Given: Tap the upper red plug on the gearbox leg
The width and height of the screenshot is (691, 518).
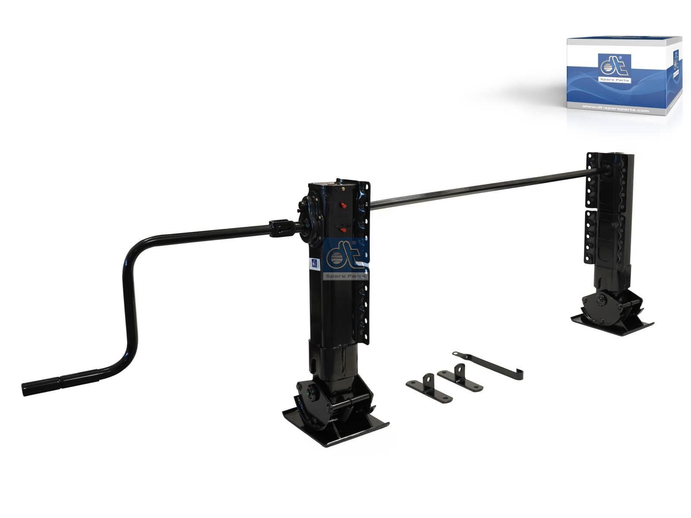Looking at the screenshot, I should click(x=343, y=205).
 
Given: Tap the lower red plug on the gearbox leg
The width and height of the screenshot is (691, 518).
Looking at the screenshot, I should click(x=343, y=231).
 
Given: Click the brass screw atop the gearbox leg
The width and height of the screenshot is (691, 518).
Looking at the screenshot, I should click(x=342, y=188).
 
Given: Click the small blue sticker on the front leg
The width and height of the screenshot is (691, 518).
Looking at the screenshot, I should click(x=315, y=264).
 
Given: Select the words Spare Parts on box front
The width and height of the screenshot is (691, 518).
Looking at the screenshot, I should click(x=615, y=80).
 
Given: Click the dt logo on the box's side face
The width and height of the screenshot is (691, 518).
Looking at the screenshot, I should click(x=675, y=61).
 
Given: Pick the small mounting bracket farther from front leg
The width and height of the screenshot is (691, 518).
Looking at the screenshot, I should click(x=460, y=379).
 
